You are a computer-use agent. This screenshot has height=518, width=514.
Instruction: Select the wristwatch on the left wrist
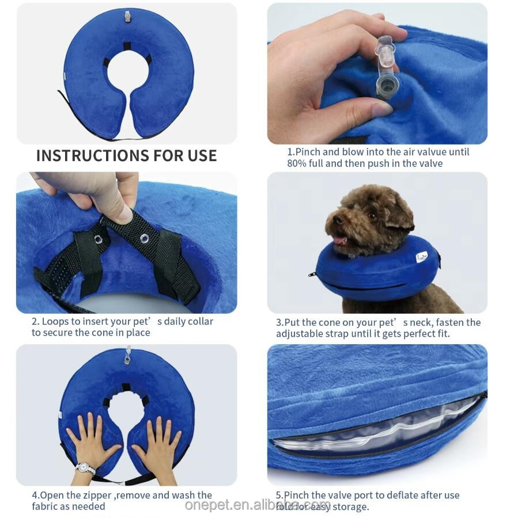[x=84, y=469]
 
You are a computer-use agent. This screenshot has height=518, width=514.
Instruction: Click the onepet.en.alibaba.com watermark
[x=258, y=505]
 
